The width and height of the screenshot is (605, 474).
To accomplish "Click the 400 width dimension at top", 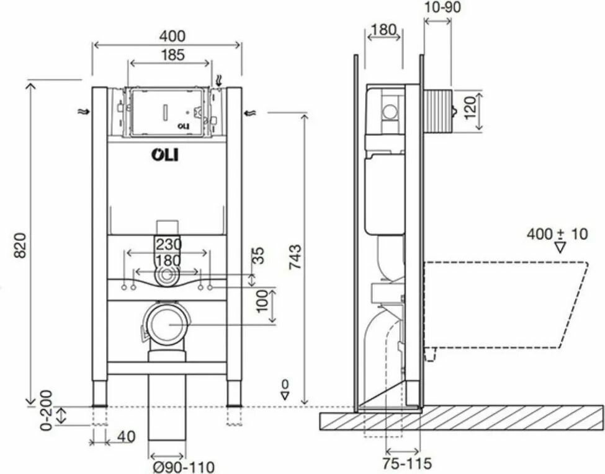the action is pos(173,36).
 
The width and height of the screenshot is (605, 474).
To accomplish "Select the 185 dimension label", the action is pos(173,55).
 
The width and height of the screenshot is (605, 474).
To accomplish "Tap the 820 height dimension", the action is pos(22,245).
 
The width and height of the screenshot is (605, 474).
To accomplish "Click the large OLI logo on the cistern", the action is pos(165,155).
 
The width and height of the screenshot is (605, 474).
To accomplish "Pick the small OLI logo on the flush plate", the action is pos(184,125).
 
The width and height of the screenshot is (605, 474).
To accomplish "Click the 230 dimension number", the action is pos(169,244).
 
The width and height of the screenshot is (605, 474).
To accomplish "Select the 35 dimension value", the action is pos(259,255).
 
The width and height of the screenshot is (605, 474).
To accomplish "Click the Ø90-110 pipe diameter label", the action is pos(183,467).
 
